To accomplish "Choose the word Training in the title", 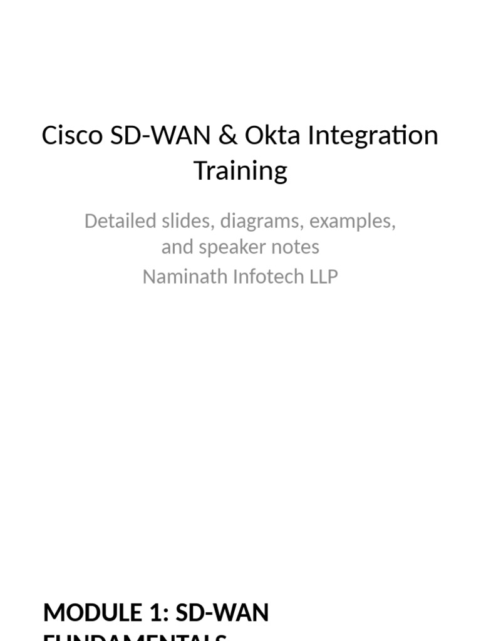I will click(x=240, y=170).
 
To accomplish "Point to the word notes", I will click(x=295, y=247).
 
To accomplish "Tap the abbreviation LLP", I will click(x=322, y=277).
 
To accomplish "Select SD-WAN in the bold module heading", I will click(x=222, y=613).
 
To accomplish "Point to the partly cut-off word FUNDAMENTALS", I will click(x=135, y=637).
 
